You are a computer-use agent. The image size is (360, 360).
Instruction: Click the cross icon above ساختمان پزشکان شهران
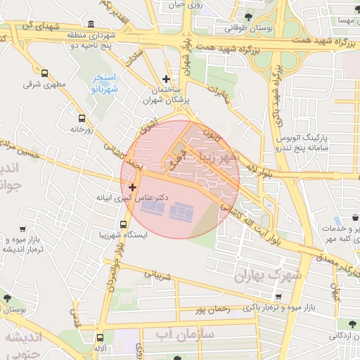166,79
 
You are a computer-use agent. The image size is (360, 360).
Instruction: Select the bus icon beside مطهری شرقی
45,73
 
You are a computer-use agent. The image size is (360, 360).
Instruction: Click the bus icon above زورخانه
82,118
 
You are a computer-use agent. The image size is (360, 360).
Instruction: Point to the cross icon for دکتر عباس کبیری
132,186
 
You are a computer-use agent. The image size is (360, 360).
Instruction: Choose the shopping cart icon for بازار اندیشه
22,229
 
